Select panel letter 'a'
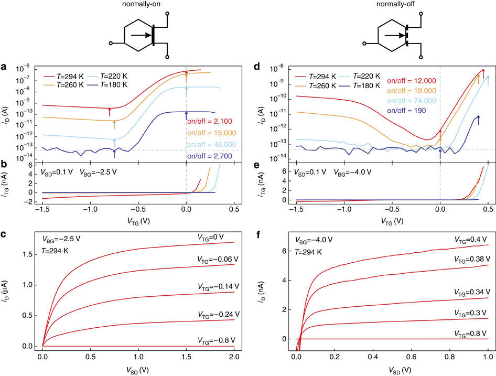pyautogui.click(x=4, y=66)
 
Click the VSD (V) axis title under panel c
pyautogui.click(x=138, y=368)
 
